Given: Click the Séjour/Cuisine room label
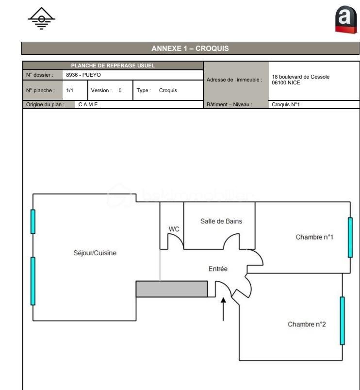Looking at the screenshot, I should click(95, 253).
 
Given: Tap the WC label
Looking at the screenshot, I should click(174, 228).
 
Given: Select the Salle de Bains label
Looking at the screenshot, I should click(221, 221).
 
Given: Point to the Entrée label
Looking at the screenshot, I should click(218, 269).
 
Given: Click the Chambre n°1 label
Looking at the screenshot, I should click(314, 237).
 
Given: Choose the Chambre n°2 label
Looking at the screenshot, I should click(307, 324).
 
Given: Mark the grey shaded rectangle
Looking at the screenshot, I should click(171, 289).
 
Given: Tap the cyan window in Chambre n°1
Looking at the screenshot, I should click(350, 237).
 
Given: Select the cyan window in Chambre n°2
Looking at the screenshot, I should click(342, 321).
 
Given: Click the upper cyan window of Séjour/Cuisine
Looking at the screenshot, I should click(33, 222).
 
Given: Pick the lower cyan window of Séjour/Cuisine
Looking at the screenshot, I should click(33, 281).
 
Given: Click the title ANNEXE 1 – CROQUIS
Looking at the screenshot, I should click(190, 49).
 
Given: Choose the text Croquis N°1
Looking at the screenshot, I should click(286, 104).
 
